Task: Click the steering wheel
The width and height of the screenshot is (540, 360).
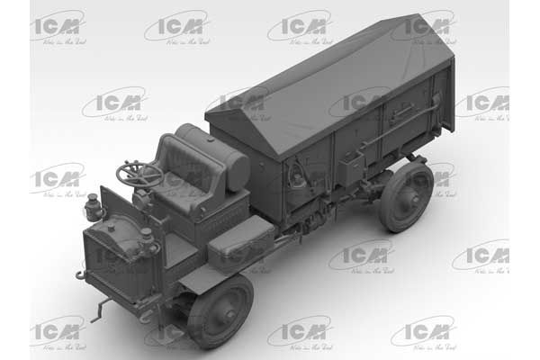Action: (x=139, y=173)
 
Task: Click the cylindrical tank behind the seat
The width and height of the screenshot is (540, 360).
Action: (x=216, y=153)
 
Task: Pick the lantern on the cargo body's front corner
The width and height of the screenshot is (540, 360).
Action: (x=296, y=175)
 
